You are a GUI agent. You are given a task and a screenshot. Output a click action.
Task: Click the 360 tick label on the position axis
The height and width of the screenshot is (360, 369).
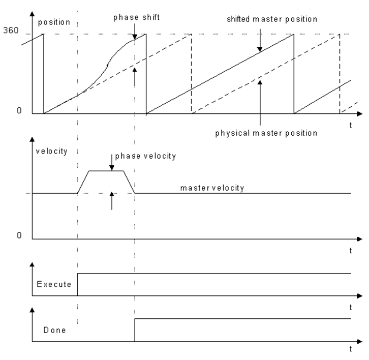[11, 30]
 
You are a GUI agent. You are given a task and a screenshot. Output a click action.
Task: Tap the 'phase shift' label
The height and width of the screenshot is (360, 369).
[137, 17]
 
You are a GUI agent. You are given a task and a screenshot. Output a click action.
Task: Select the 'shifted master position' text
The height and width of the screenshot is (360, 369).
[272, 19]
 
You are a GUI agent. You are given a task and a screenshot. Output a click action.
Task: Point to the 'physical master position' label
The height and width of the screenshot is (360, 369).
[266, 133]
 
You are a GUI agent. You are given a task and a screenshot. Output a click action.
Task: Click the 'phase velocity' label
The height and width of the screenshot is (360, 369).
[145, 156]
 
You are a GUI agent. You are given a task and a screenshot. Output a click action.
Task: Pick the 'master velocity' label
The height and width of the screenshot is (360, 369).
[212, 188]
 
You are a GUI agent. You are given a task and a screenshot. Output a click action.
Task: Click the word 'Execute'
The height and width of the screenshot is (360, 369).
[54, 284]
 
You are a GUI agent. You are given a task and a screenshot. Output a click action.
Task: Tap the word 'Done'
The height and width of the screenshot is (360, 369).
[54, 330]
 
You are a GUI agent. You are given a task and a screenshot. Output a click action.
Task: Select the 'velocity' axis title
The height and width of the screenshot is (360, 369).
[51, 151]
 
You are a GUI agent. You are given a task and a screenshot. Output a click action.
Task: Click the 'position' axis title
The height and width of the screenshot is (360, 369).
[54, 22]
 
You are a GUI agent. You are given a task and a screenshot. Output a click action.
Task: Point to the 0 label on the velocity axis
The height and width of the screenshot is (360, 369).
[19, 235]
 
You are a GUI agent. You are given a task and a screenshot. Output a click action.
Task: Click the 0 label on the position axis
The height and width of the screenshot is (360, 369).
[19, 110]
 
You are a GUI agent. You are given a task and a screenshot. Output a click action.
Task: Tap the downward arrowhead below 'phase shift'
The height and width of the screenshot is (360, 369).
[135, 37]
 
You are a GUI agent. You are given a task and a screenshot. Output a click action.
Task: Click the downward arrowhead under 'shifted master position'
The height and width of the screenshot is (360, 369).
[260, 49]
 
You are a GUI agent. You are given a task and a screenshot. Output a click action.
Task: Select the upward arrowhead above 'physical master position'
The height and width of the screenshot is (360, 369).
[260, 82]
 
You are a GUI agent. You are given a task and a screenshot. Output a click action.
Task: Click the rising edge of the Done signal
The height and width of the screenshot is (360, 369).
[135, 330]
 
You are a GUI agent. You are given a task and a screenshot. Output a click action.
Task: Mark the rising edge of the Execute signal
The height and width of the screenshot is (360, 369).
[77, 284]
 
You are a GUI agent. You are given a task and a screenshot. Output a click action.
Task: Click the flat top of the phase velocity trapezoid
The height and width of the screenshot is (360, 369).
[106, 171]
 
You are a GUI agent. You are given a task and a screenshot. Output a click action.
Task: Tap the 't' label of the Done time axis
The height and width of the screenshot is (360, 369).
[351, 349]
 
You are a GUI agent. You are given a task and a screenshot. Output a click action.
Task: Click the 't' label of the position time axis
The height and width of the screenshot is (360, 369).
[351, 125]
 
